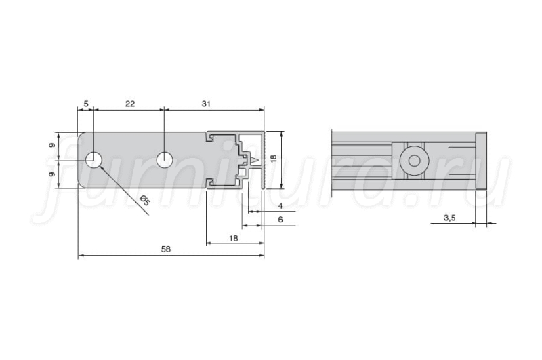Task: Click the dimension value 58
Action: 166,249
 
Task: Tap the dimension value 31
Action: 206,104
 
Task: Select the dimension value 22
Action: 130,104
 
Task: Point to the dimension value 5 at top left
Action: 86,104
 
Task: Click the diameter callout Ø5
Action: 145,200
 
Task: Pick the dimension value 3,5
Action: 450,218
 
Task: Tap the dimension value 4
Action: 280,206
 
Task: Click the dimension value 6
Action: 280,220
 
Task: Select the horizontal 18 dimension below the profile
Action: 234,238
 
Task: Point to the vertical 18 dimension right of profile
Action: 274,159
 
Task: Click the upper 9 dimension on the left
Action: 52,145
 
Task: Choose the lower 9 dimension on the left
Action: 52,174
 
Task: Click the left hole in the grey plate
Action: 93,160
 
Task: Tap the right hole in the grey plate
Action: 165,160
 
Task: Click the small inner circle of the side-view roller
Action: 414,161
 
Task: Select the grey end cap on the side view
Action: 481,161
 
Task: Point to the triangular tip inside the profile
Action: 255,161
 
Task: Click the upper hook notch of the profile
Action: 210,138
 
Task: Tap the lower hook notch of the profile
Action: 210,183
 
